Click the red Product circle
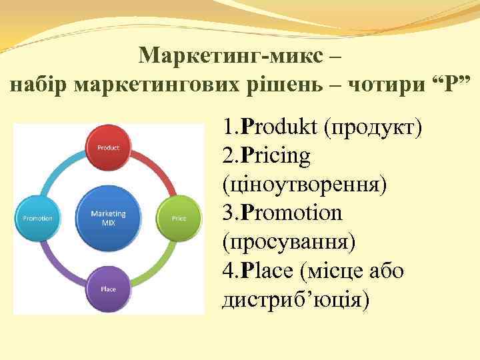pos(109,147)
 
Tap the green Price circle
pos(178,218)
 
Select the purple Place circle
pos(109,289)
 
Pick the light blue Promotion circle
pos(38,218)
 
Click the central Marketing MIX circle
pos(109,218)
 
